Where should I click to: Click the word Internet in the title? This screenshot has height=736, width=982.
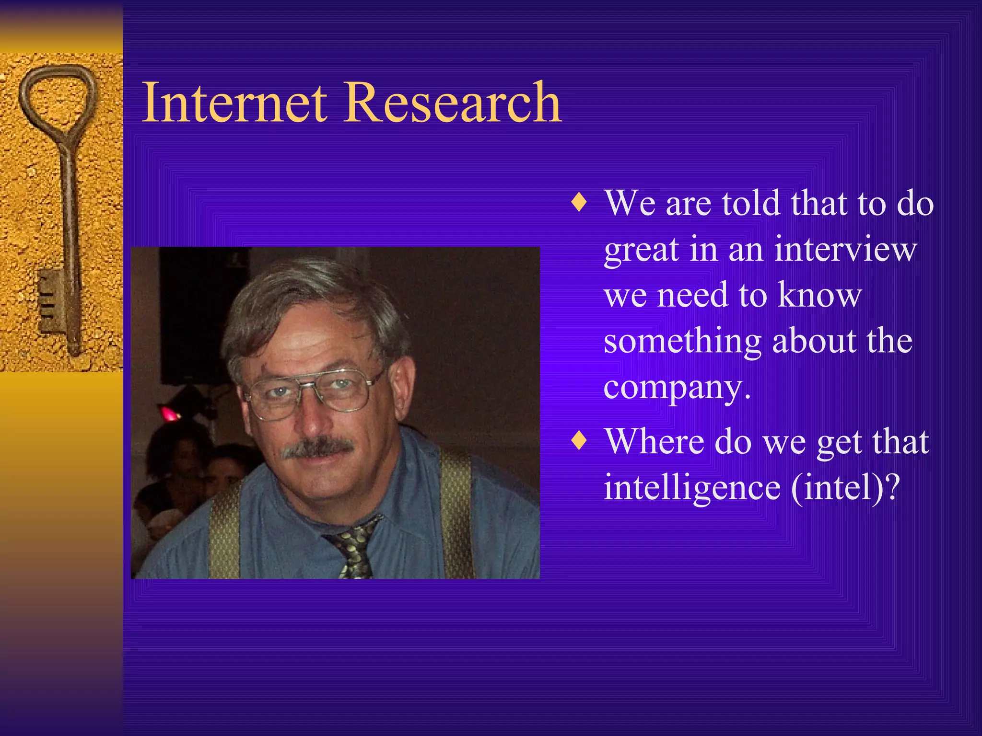[235, 103]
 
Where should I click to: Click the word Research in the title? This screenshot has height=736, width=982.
[453, 103]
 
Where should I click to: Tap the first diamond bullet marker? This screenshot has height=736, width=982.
[579, 203]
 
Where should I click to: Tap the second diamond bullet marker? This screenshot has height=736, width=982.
[579, 440]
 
